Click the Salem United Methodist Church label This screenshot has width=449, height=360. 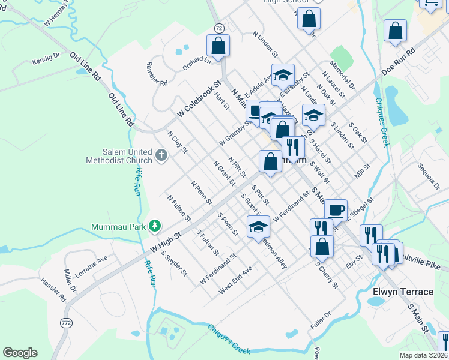(119, 156)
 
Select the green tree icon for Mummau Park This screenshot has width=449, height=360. (155, 225)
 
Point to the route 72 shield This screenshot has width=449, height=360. (219, 28)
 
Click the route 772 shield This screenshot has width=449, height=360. (65, 323)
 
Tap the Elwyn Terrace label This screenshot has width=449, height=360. (403, 292)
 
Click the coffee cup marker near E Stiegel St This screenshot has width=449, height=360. (336, 210)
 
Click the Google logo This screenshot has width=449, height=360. (20, 353)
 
